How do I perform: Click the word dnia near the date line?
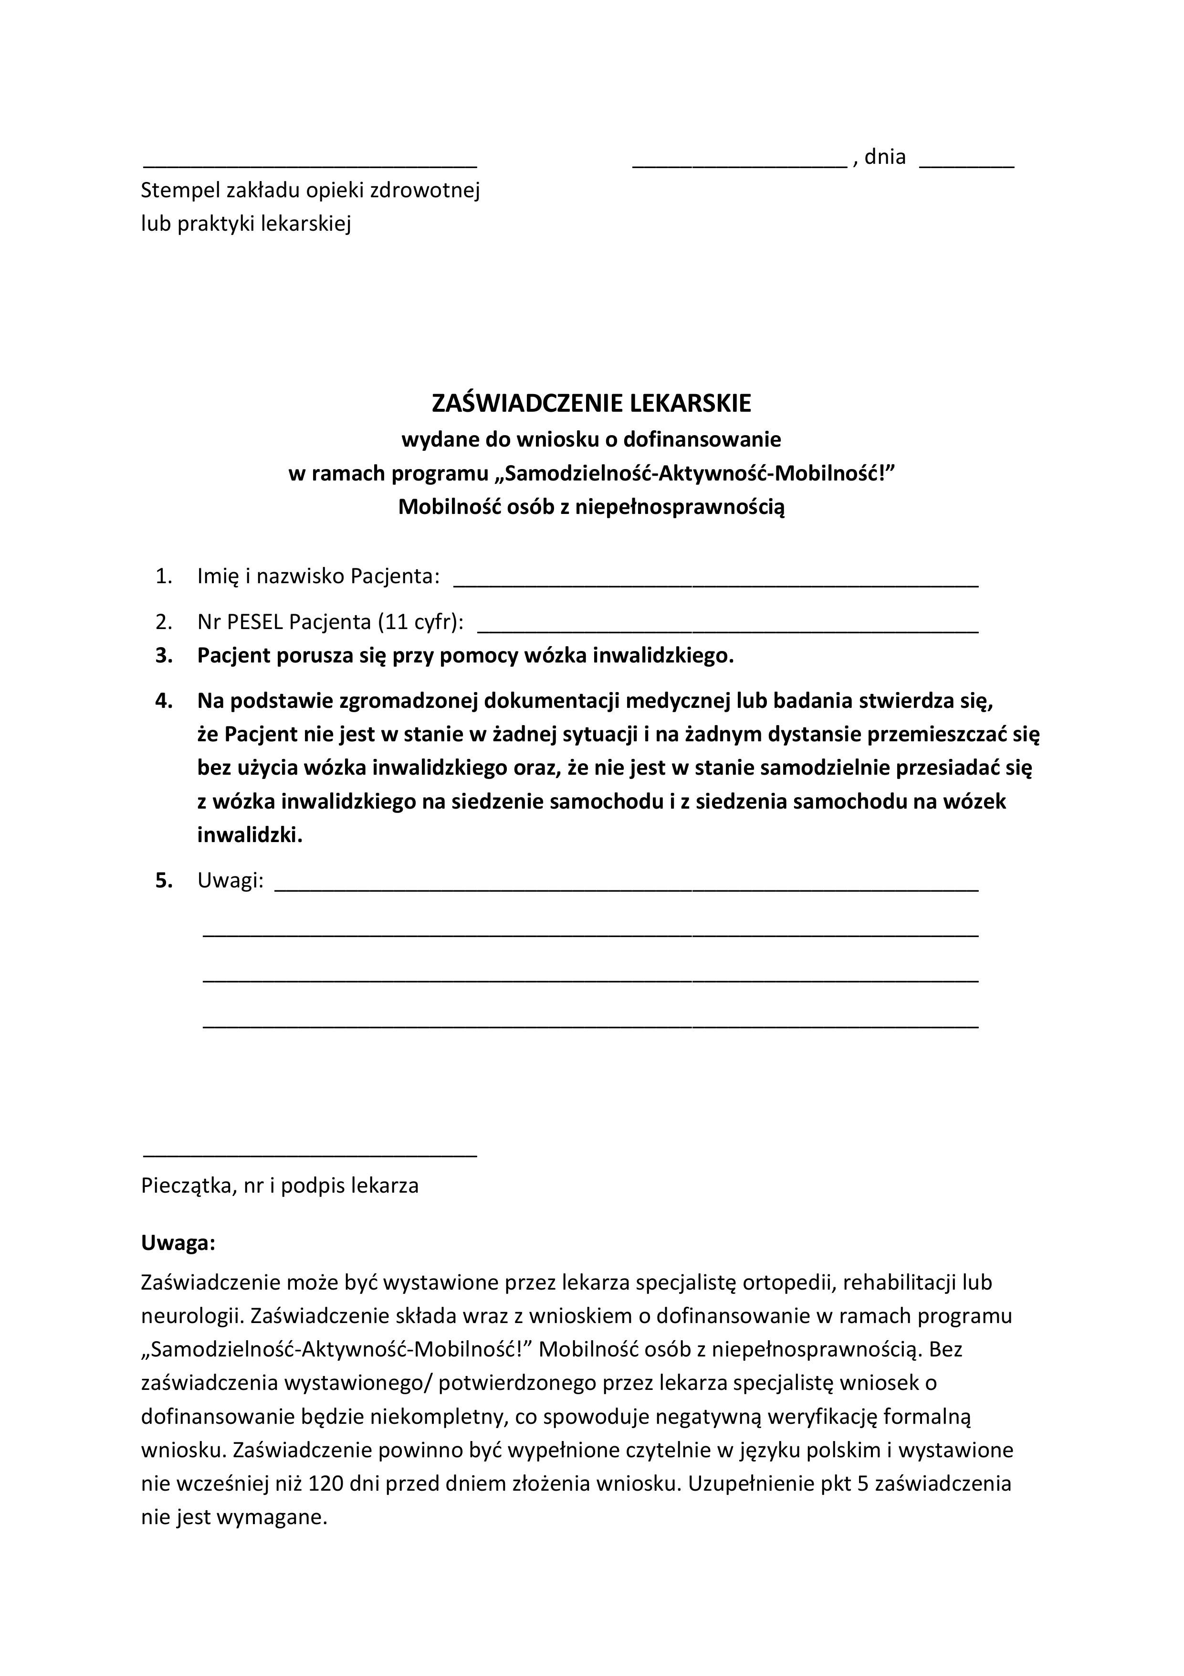click(884, 157)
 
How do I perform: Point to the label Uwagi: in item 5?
click(231, 881)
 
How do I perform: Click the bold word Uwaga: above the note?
click(178, 1243)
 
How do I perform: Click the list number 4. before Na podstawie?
click(164, 701)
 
